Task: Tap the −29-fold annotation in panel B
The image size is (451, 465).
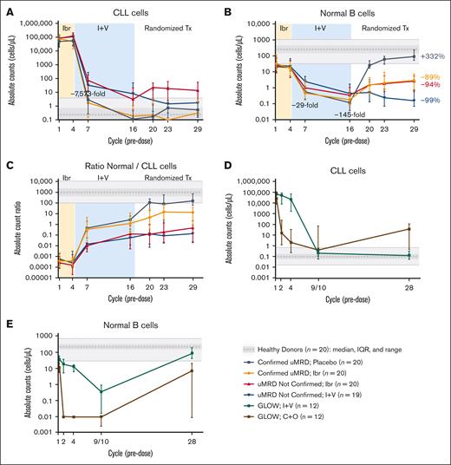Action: pyautogui.click(x=304, y=105)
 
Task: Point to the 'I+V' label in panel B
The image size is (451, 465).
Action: pyautogui.click(x=321, y=28)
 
